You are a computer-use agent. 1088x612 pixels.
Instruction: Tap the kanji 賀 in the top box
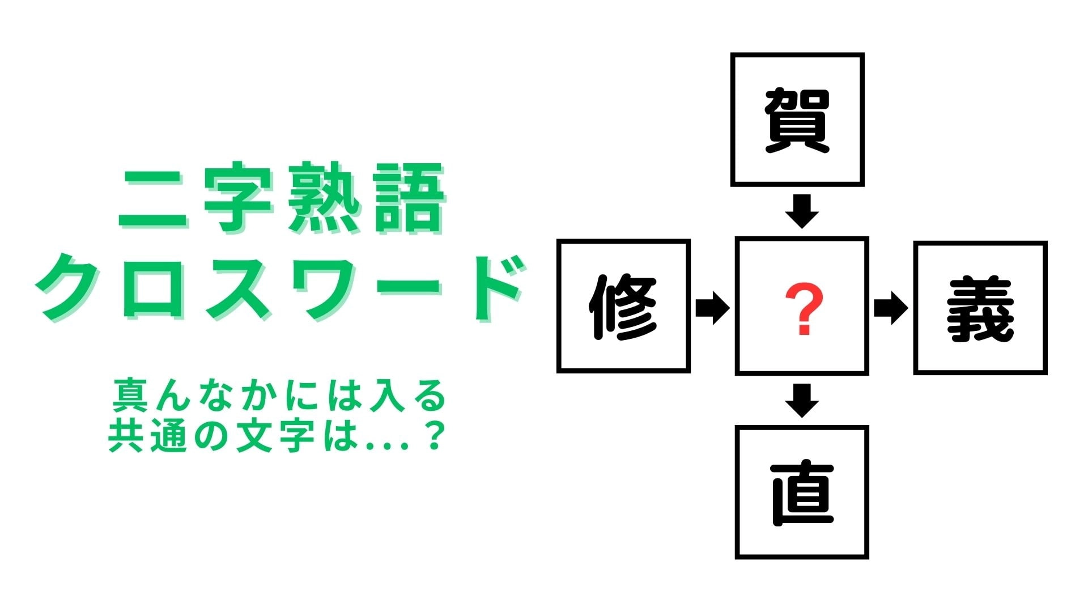coord(797,121)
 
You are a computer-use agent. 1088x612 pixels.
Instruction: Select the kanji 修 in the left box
coord(623,307)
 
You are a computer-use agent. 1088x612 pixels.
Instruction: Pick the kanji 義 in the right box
coord(980,309)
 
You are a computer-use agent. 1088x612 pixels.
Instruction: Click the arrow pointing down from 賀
coord(802,211)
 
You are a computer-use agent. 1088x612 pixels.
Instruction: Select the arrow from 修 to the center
coord(713,308)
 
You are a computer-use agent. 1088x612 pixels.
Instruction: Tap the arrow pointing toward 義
coord(891,308)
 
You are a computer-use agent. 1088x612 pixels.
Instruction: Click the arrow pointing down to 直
coord(802,401)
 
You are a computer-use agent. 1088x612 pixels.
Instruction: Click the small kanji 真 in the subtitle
coord(131,396)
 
